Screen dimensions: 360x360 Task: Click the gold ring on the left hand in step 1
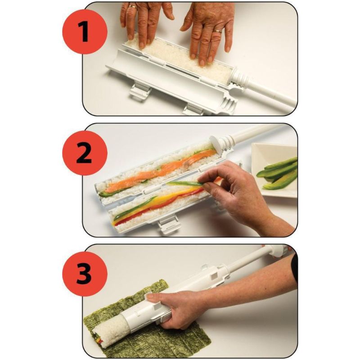click(133, 7)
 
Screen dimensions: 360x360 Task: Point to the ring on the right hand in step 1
click(218, 31)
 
